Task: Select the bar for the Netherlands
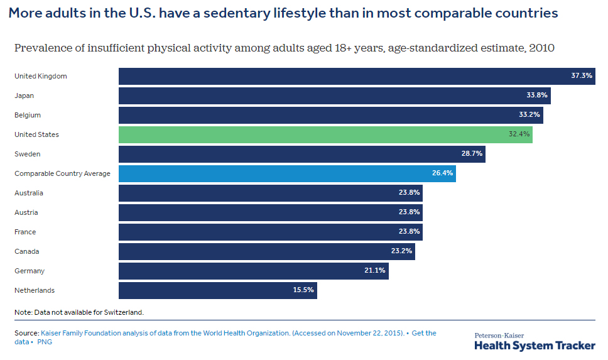217,290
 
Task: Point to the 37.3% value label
582,76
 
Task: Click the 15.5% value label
303,290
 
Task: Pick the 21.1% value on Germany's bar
375,271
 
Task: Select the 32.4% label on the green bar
519,134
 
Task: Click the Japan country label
24,95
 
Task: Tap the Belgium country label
28,115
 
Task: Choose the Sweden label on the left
27,154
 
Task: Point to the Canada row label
26,251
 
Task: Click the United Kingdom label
40,76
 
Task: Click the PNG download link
45,342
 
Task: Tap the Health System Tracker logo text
535,345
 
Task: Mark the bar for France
270,232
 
